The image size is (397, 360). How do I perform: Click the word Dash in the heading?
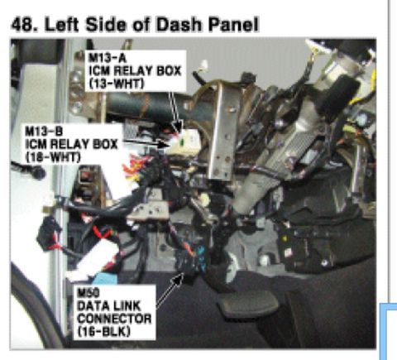point(179,25)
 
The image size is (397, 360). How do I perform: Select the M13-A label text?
point(107,58)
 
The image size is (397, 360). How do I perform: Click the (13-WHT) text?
point(117,84)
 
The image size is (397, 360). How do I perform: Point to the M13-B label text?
point(44,131)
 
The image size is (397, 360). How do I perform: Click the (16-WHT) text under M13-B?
point(53,157)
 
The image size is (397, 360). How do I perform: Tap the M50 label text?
point(88,292)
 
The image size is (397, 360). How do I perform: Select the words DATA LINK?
point(109,305)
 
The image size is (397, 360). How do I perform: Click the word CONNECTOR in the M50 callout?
point(114,319)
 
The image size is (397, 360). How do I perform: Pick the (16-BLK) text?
point(103,332)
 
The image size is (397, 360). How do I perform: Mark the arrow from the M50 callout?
point(170,290)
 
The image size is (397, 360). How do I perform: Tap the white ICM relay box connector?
point(184,142)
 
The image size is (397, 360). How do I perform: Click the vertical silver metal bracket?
point(221,131)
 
